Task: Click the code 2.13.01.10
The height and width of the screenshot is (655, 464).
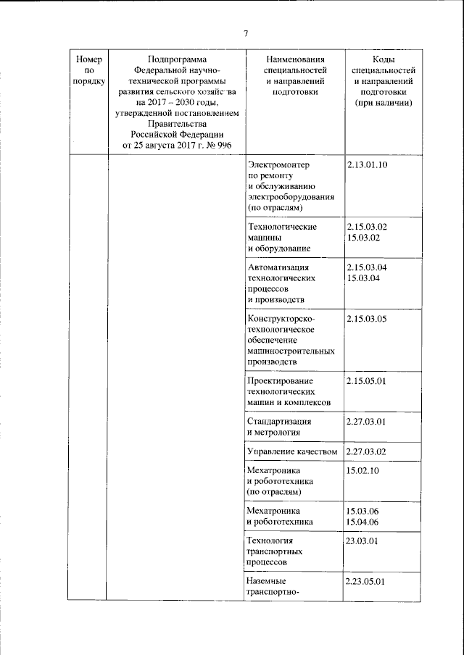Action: coord(368,165)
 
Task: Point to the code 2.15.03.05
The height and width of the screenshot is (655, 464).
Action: coord(368,319)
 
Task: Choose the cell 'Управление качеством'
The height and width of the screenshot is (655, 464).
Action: coord(293,451)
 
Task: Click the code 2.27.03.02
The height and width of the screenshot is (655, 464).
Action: coord(368,451)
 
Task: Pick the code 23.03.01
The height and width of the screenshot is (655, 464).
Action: coord(363,541)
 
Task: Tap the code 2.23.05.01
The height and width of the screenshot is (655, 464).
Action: coord(368,581)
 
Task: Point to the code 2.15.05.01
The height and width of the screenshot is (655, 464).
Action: coord(368,381)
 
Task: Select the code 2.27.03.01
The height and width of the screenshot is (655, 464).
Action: coord(368,421)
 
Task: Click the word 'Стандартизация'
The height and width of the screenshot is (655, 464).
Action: coord(280,421)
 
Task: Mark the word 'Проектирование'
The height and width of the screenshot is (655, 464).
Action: coord(280,381)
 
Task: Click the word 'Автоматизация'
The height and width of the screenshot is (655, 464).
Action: coord(278,267)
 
